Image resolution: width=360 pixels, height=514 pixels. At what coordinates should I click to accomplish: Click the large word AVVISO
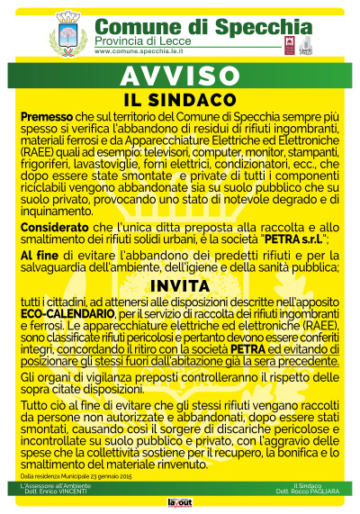(179, 74)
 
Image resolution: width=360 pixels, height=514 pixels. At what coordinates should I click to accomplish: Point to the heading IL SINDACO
(179, 96)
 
